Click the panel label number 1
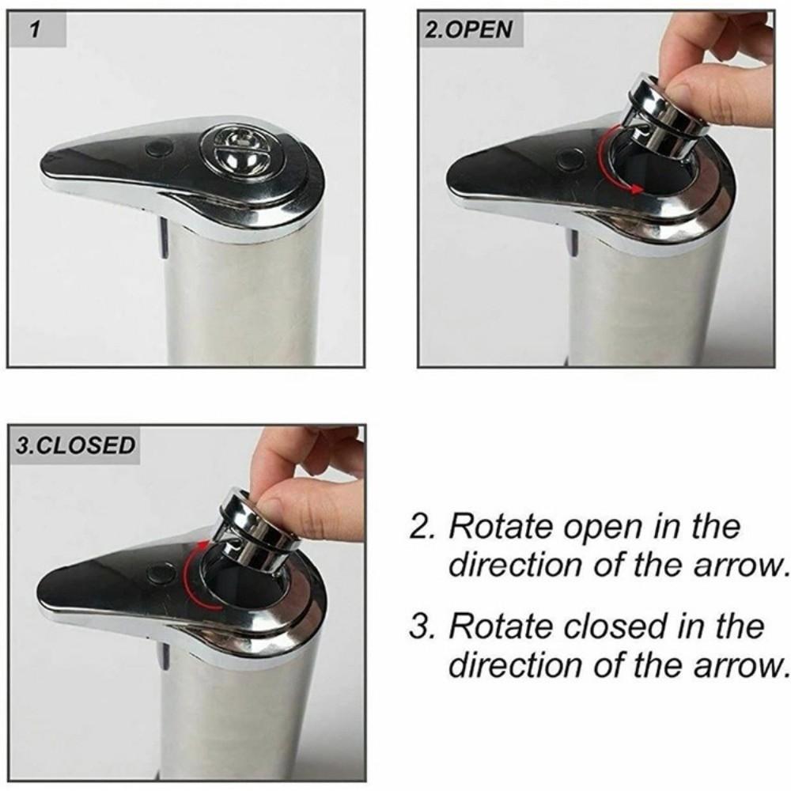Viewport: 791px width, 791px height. coord(35,31)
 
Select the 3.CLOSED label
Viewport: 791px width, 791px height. coord(76,445)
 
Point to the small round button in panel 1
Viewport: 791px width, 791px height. coord(161,146)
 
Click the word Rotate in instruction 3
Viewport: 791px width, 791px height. coord(501,626)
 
